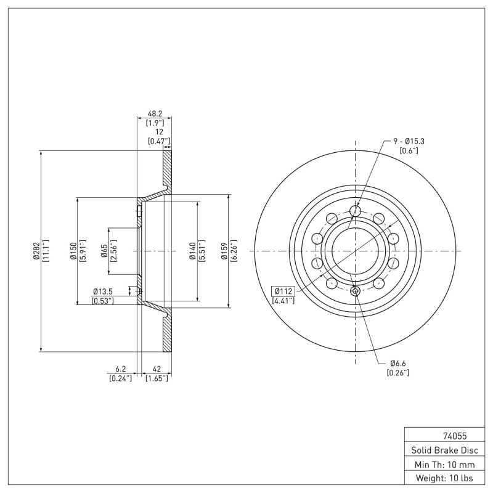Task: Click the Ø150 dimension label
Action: pyautogui.click(x=73, y=251)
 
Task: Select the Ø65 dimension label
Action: pyautogui.click(x=104, y=251)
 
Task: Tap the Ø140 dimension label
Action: pyautogui.click(x=193, y=251)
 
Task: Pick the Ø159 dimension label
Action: pyautogui.click(x=225, y=251)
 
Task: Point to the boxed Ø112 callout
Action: pyautogui.click(x=283, y=291)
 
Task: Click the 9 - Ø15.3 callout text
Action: pyautogui.click(x=409, y=141)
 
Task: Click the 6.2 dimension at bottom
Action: pyautogui.click(x=121, y=369)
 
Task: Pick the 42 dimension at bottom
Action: pyautogui.click(x=156, y=369)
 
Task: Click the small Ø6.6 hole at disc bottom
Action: pyautogui.click(x=355, y=291)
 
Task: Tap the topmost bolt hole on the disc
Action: pyautogui.click(x=355, y=211)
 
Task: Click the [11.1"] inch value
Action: pyautogui.click(x=47, y=251)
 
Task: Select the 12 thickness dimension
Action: pyautogui.click(x=158, y=132)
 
